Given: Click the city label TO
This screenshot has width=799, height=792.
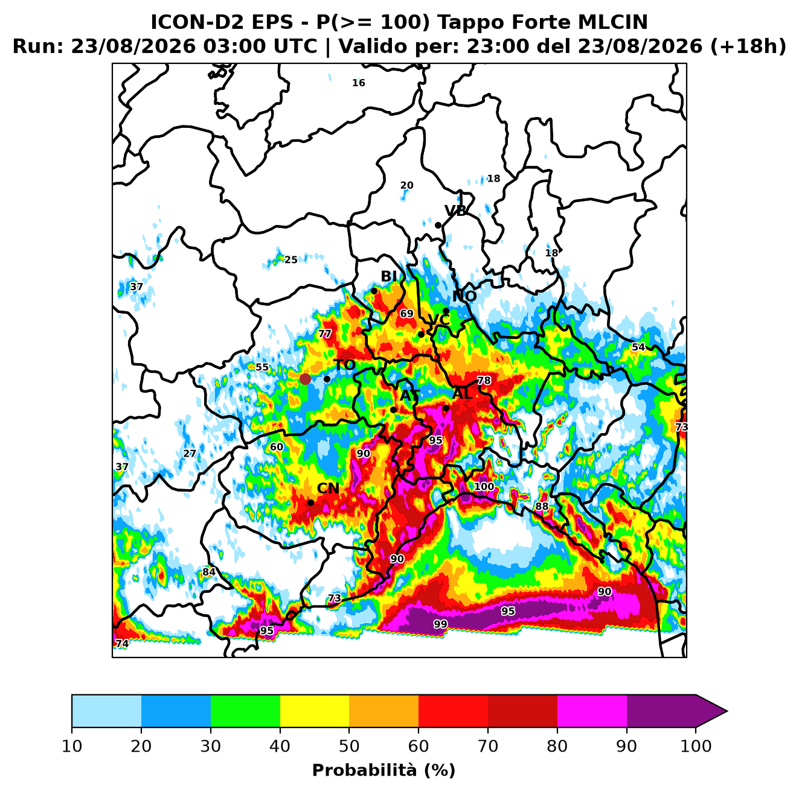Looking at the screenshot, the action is pos(345,366).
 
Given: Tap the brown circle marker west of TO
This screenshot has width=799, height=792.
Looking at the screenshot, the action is pos(305,379).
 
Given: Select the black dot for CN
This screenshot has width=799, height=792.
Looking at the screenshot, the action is pos(310,502).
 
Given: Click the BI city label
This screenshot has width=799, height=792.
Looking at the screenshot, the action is pos(389,276).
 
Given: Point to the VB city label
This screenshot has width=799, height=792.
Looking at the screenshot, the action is pos(456,211).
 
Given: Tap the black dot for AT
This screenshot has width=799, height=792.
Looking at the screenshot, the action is pos(393,410).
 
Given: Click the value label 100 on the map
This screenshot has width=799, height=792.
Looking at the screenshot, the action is pos(484,486).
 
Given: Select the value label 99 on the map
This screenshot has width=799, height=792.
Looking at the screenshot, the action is pos(440,624).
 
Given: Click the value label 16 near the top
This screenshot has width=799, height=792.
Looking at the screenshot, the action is pos(359,83).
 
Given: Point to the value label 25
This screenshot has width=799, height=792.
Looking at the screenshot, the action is pos(290,260).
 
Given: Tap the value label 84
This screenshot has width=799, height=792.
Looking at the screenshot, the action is pos(208,572).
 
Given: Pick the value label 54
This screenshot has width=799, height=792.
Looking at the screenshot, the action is pos(638,347).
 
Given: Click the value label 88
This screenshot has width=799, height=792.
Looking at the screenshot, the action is pos(542,506).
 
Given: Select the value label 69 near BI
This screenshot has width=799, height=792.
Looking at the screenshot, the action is pos(406,314).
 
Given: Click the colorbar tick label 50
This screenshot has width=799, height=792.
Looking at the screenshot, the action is pos(349,746).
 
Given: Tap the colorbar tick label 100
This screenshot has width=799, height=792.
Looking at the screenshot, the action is pos(696,746).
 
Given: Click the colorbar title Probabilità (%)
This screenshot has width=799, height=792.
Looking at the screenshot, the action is pos(383,771).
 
